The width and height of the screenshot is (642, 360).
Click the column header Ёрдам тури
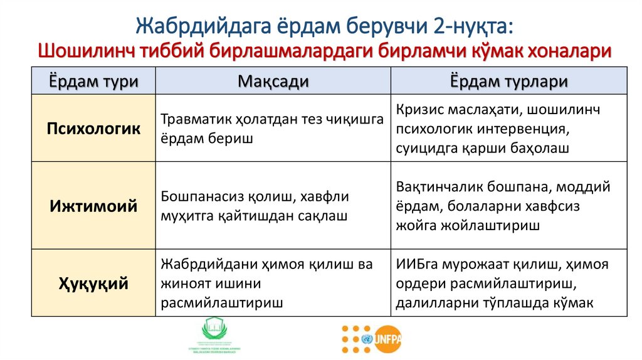(x=93, y=82)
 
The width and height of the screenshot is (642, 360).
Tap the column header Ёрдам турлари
(x=508, y=82)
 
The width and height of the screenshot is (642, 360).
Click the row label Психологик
(x=93, y=129)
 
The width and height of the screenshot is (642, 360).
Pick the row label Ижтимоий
(x=93, y=206)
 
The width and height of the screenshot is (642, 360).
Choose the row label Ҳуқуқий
(x=93, y=283)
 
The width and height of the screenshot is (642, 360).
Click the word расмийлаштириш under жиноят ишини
(x=221, y=303)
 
